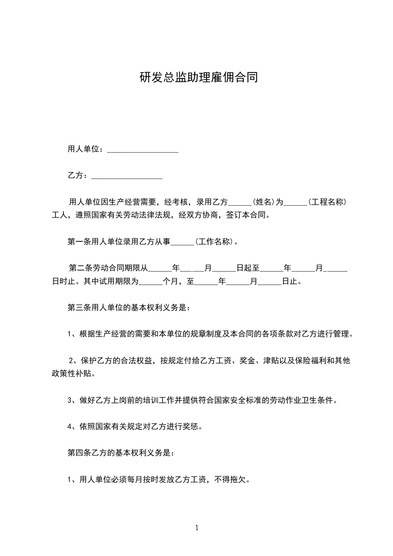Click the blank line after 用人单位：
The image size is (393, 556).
(143, 150)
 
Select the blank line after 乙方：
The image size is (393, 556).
(127, 176)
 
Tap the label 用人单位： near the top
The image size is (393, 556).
(85, 149)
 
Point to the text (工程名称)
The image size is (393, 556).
(327, 202)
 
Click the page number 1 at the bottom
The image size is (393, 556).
(197, 528)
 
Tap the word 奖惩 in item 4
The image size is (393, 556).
(190, 426)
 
